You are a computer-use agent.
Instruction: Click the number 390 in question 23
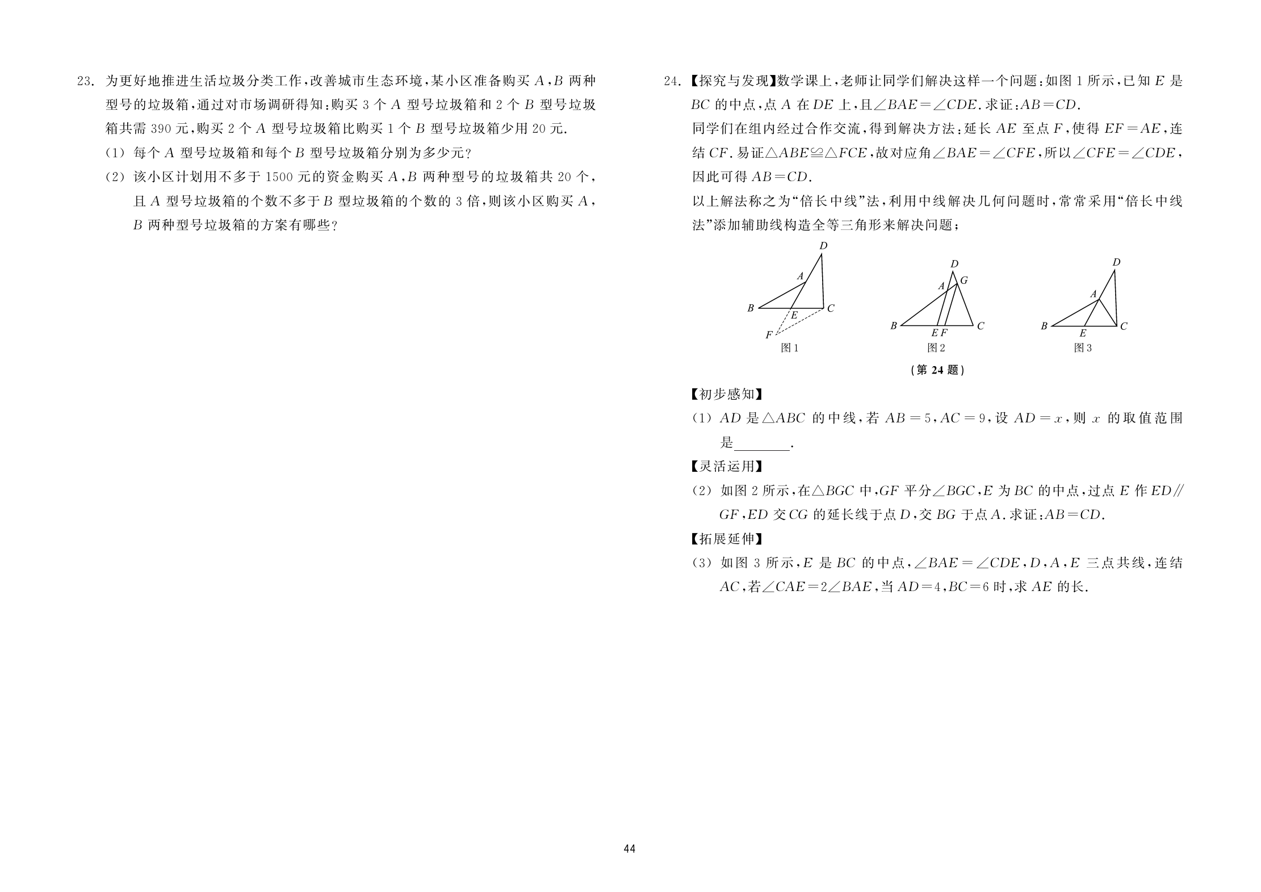(161, 129)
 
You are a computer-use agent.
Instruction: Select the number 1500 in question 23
(279, 178)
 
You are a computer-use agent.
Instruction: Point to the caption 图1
(790, 348)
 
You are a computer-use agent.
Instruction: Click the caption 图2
(936, 348)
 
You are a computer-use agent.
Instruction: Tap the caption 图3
(1083, 348)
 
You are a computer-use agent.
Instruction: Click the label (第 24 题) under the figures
(937, 370)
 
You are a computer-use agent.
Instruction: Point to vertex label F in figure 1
(769, 336)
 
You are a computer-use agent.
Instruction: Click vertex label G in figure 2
(963, 280)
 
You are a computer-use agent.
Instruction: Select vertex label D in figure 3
(1116, 262)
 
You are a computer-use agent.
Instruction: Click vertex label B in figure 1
(751, 308)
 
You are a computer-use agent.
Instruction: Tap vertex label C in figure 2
(981, 326)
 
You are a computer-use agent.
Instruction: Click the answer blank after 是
(762, 443)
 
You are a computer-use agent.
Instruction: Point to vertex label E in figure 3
(1083, 334)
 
